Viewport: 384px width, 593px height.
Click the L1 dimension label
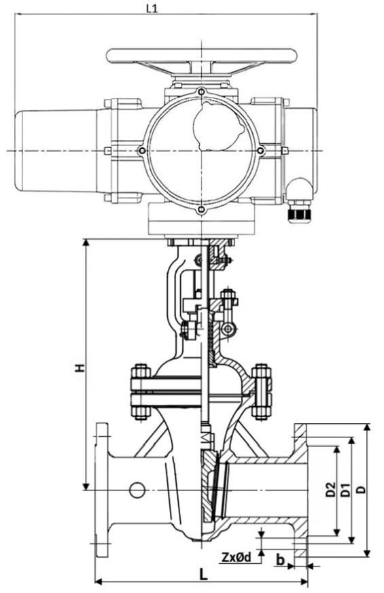(152, 9)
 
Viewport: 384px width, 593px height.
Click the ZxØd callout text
(237, 557)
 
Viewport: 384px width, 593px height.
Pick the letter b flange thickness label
(280, 560)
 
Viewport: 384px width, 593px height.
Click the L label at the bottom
(203, 575)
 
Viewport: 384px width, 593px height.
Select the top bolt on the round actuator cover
(202, 91)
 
